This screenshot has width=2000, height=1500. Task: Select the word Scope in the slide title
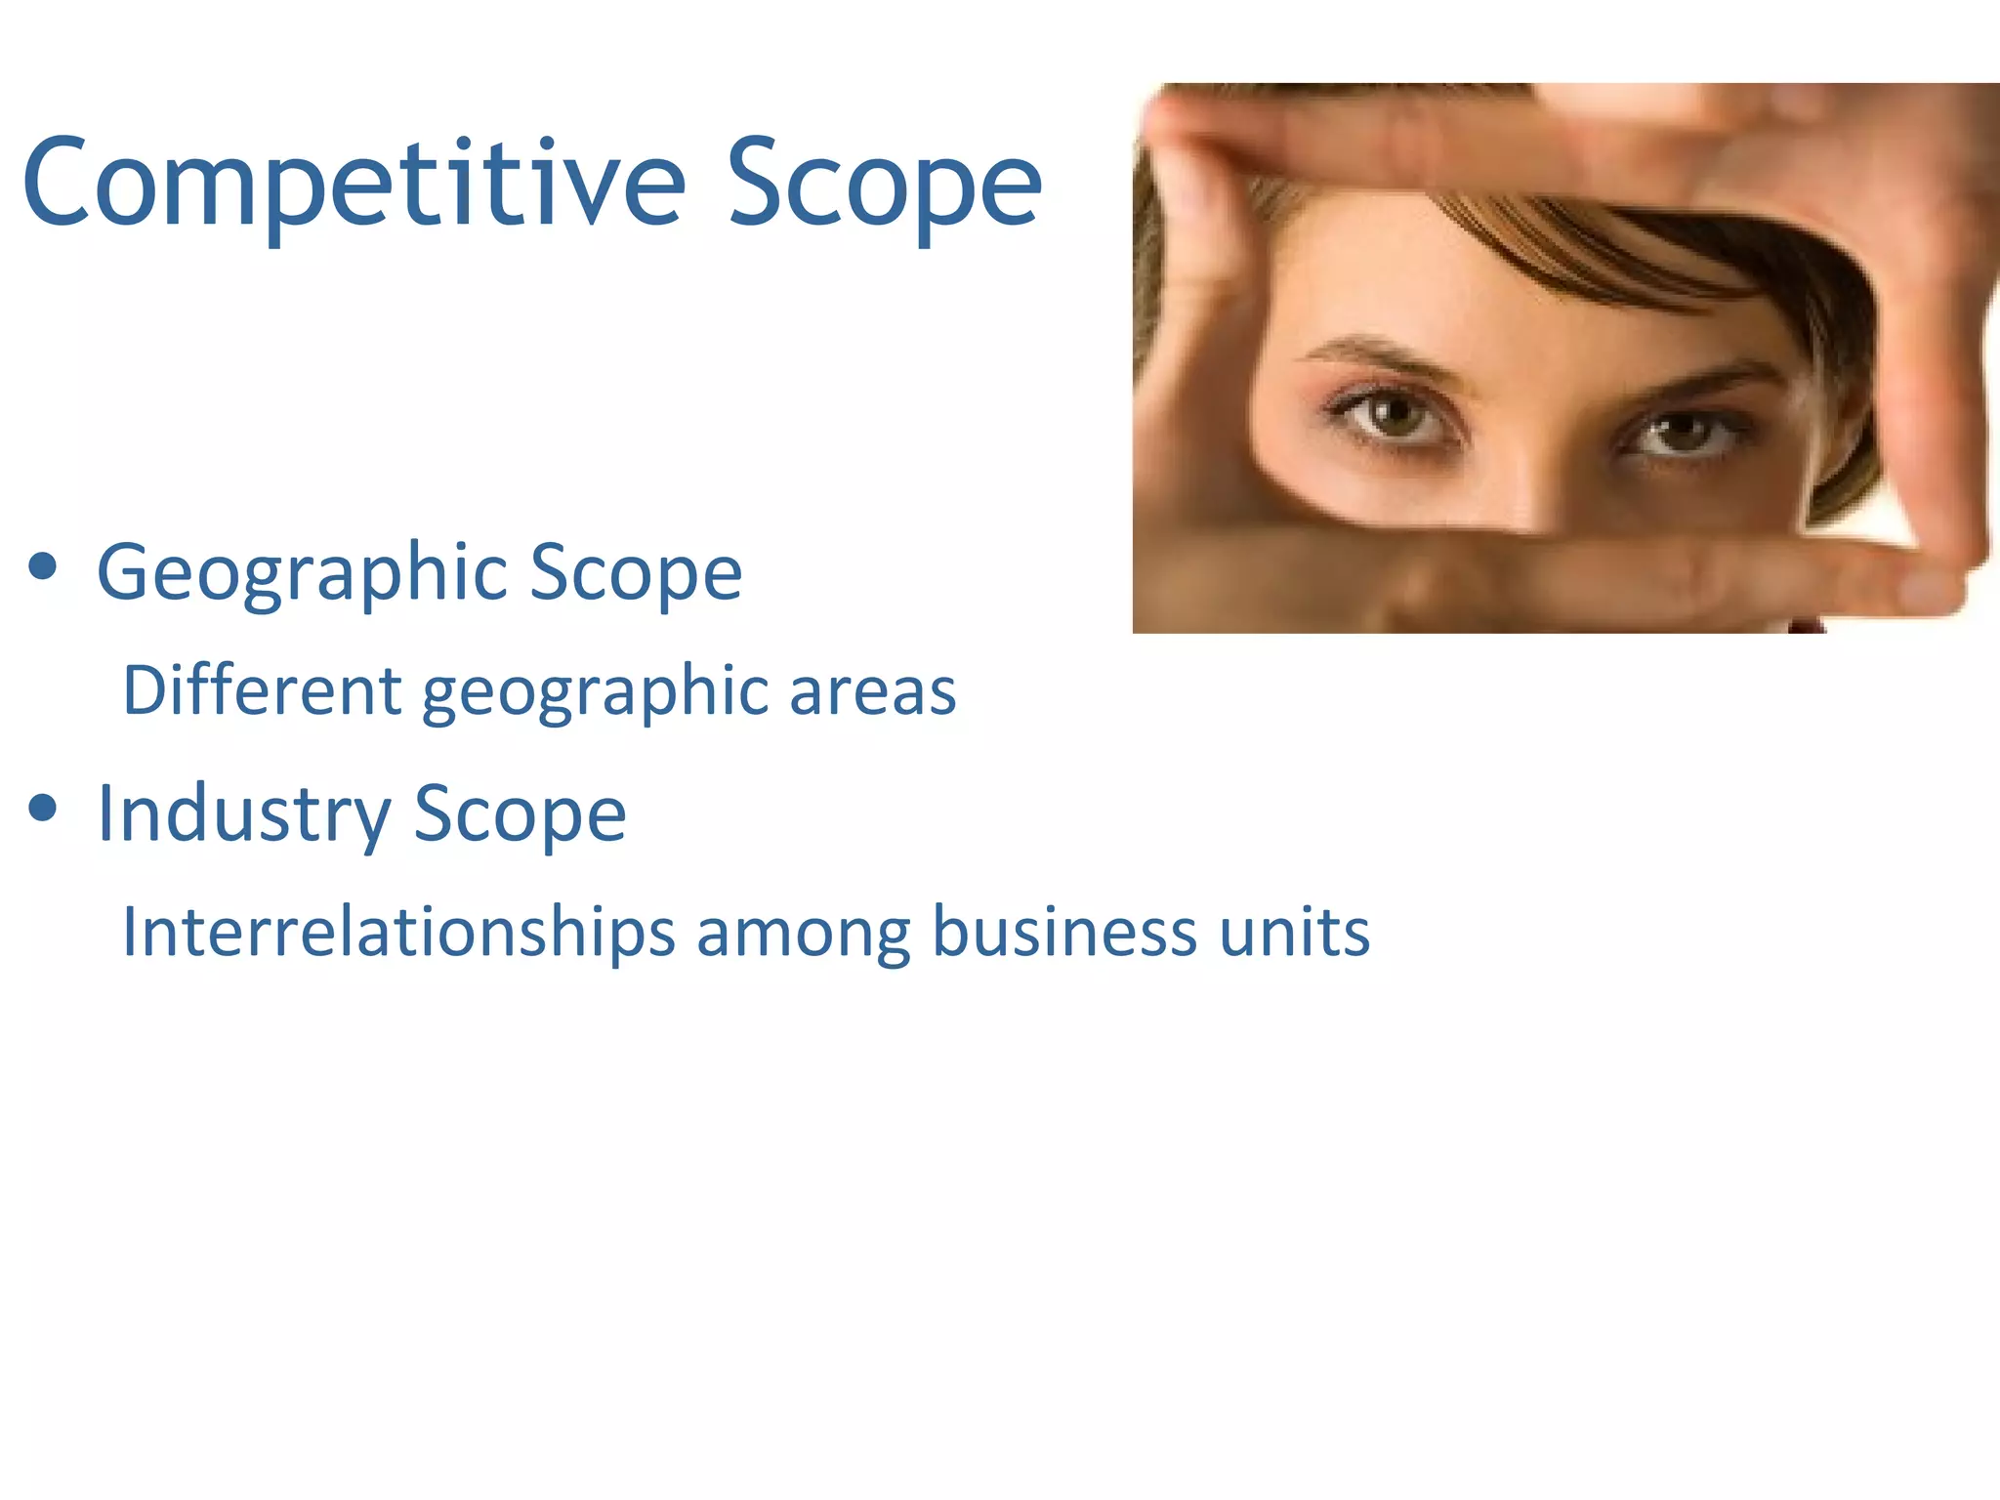884,186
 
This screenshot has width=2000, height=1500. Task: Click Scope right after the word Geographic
635,574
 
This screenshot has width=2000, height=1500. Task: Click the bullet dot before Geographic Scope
43,566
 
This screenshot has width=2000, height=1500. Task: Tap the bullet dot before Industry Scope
43,808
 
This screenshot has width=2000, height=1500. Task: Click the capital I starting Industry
105,812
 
